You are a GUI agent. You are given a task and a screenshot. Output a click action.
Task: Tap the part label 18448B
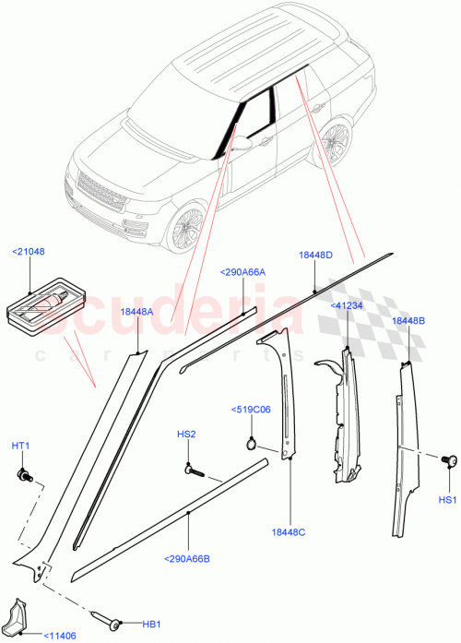point(408,320)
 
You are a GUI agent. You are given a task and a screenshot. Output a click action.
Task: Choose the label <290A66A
point(242,272)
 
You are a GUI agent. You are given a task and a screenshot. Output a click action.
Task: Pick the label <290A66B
point(188,558)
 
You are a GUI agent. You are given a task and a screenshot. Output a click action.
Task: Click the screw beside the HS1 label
point(449,461)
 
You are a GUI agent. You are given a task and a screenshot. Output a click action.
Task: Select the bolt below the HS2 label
point(194,470)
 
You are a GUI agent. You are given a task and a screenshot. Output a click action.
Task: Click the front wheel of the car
point(189,227)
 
